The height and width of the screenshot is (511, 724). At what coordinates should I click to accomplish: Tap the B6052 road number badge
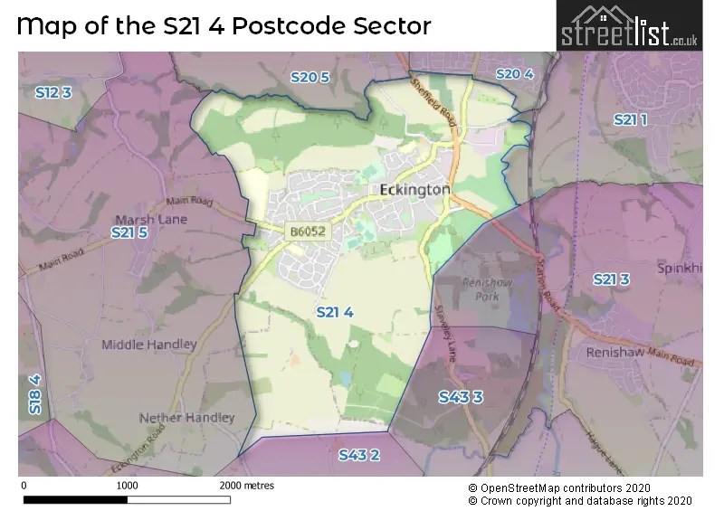click(308, 233)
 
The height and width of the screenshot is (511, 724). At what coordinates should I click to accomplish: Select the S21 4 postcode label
click(335, 312)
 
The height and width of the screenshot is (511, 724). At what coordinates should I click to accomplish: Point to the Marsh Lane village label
click(151, 219)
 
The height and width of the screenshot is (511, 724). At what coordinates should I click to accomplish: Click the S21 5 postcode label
click(129, 233)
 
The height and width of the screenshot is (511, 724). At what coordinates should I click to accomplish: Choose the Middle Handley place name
click(148, 345)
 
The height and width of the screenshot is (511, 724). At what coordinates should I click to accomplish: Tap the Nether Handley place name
click(186, 418)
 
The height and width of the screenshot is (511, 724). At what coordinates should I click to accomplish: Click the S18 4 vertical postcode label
click(34, 394)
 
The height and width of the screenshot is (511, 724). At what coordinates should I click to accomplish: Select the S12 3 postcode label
click(52, 92)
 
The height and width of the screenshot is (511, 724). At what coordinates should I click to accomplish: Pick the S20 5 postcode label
click(310, 78)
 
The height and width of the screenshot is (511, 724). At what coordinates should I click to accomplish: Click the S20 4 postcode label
click(514, 74)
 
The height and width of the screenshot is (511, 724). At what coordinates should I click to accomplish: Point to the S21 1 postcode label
click(631, 119)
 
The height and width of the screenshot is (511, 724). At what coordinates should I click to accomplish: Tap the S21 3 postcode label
click(612, 279)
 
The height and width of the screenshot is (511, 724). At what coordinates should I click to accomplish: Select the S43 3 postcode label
click(461, 397)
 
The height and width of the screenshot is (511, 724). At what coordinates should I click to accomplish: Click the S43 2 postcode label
click(359, 455)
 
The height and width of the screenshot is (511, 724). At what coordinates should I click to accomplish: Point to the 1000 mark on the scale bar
click(128, 486)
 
